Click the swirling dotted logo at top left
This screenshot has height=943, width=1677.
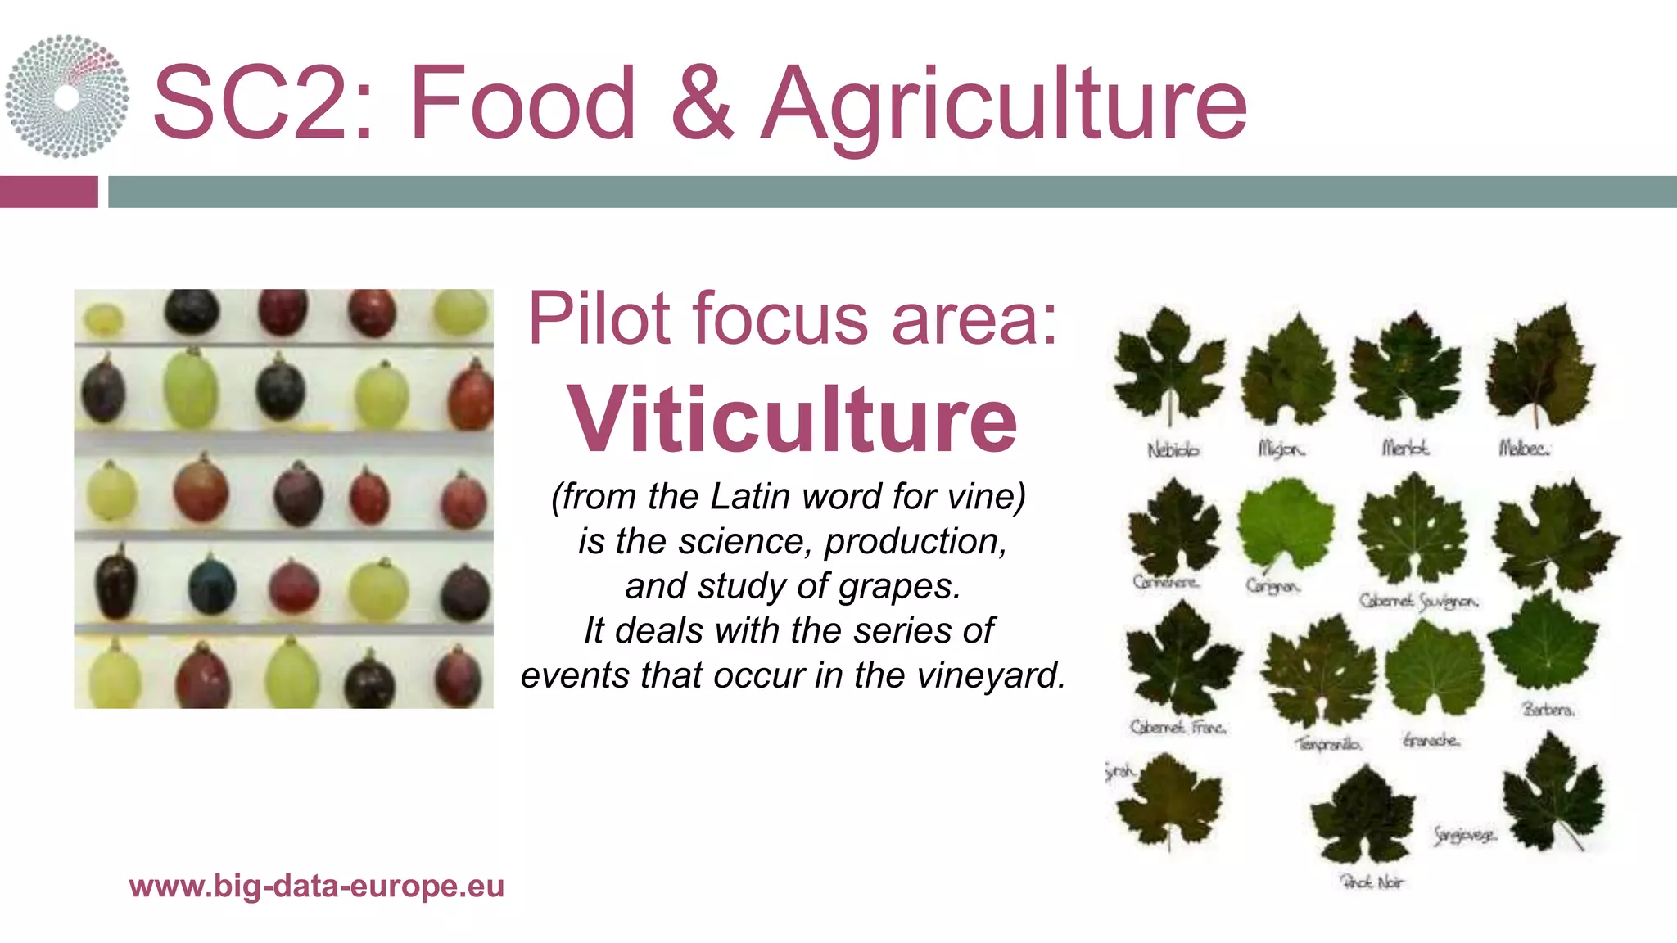(67, 97)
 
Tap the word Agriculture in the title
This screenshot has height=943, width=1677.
(1004, 105)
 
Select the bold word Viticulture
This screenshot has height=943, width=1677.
(792, 419)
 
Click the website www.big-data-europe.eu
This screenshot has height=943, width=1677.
(316, 886)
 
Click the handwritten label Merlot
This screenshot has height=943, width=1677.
(1405, 448)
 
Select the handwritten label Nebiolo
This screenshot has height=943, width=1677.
(1173, 449)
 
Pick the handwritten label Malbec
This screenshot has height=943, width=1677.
(1523, 448)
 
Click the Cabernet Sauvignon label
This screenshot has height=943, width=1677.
(1418, 601)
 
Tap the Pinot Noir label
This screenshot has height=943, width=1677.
(1372, 882)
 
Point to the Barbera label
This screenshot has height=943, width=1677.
(1548, 709)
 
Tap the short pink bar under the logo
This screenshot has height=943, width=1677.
(48, 192)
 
